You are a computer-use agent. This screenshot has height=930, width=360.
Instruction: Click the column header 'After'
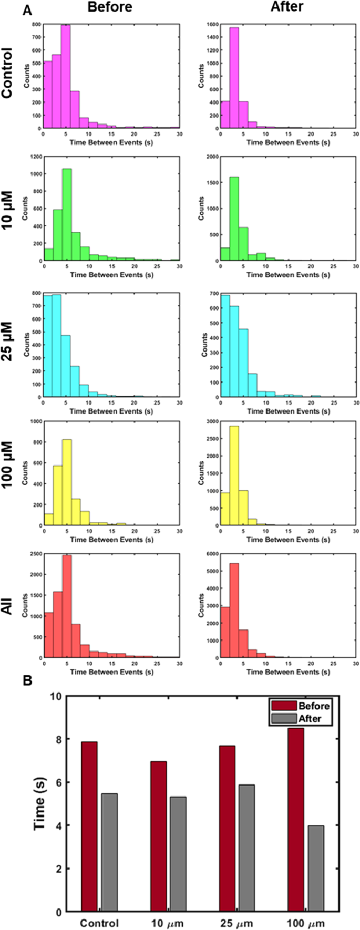click(x=287, y=7)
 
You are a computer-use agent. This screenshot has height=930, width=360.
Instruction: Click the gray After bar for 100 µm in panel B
click(x=316, y=852)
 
